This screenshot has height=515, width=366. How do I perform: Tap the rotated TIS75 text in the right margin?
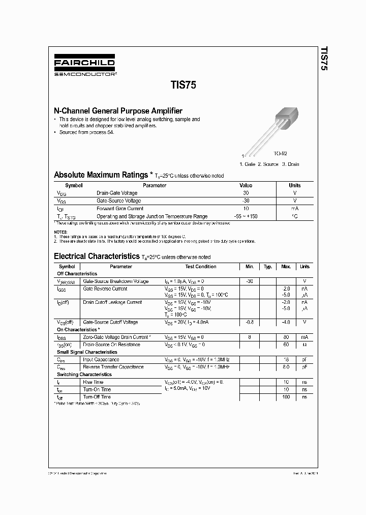point(323,60)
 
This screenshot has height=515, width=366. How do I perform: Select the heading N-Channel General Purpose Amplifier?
point(118,110)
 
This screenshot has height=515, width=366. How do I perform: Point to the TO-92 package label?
point(281,153)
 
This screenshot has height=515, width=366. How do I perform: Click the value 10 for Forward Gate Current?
point(246,208)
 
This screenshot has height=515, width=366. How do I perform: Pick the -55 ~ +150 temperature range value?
point(246,216)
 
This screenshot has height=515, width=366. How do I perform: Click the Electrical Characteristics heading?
point(97,256)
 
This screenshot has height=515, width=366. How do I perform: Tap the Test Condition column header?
point(201,266)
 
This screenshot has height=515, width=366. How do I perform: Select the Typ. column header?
point(267,266)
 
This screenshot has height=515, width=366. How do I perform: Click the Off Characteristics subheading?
point(77,274)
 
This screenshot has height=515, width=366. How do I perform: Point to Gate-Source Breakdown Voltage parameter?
point(116,281)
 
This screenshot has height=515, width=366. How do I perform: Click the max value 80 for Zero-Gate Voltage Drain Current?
point(286,337)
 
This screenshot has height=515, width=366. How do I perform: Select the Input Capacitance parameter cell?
point(101,359)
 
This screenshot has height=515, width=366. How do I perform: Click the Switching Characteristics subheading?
point(84,374)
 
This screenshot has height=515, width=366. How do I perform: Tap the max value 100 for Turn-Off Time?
point(286,396)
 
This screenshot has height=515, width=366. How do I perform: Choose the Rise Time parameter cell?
point(93,382)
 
